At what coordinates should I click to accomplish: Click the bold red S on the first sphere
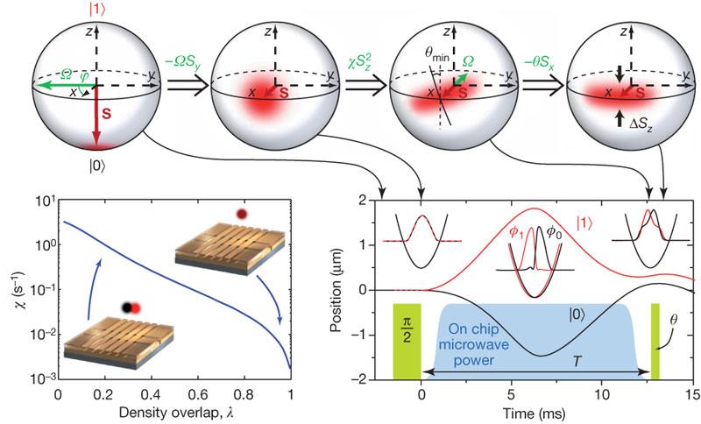coord(104,112)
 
